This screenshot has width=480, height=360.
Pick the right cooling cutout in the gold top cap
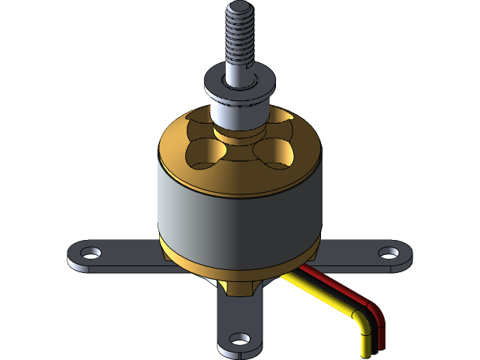click(x=279, y=152)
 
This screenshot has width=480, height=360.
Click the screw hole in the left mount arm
click(x=90, y=253)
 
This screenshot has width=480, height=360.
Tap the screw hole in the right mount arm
click(x=388, y=252)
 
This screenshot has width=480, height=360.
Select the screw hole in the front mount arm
click(x=239, y=340)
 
